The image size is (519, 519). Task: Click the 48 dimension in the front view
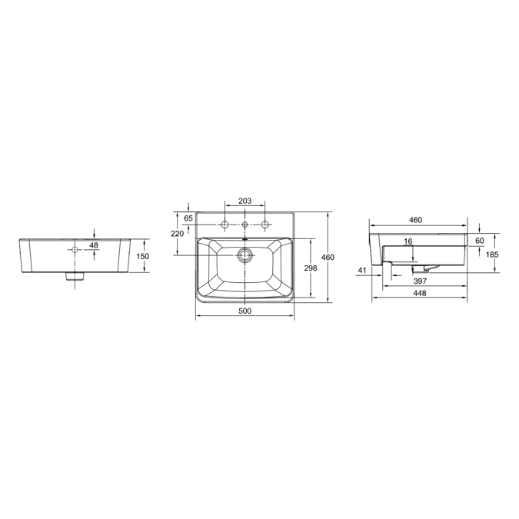click(x=94, y=245)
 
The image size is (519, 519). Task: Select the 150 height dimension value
click(x=142, y=256)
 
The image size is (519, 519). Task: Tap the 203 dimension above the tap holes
click(x=245, y=201)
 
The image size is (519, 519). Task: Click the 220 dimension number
click(x=177, y=233)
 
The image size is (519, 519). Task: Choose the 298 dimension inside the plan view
click(x=312, y=268)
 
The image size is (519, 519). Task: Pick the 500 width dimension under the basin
click(x=245, y=311)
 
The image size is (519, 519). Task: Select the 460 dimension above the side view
click(x=416, y=220)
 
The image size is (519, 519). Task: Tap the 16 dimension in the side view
click(x=408, y=241)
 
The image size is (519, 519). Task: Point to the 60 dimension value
click(x=479, y=241)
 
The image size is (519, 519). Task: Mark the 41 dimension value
click(x=362, y=269)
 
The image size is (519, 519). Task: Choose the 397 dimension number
click(x=419, y=281)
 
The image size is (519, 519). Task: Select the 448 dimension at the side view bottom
click(x=419, y=294)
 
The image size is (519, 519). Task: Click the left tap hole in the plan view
click(x=225, y=225)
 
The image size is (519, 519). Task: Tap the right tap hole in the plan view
click(x=265, y=225)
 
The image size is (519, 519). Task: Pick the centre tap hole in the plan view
click(x=245, y=225)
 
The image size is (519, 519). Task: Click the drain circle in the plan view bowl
click(x=245, y=256)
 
